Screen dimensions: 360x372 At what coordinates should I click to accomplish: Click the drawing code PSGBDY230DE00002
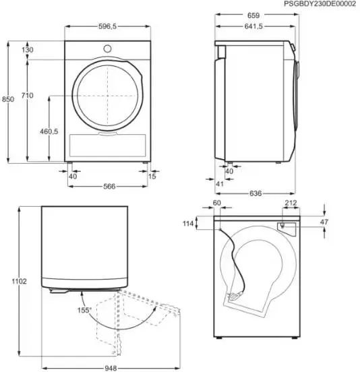point(320,4)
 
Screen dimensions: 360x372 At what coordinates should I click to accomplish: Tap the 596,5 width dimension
point(107,26)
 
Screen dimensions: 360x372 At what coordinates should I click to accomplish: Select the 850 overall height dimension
point(8,99)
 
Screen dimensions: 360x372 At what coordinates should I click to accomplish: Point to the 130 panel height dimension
point(28,50)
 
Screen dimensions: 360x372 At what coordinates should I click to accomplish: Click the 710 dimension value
point(27,96)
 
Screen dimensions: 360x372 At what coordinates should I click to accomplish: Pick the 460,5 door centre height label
point(49,131)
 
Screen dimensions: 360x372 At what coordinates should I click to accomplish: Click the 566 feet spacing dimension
point(109,186)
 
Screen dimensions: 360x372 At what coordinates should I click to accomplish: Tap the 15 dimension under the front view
point(152,176)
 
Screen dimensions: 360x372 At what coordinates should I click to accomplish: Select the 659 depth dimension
point(253,15)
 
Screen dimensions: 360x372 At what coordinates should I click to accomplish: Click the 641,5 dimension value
point(253,26)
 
